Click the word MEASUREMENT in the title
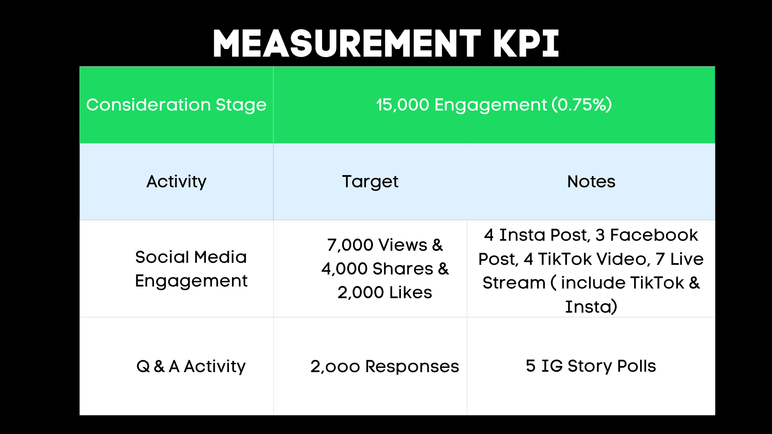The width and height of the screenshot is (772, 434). point(347,43)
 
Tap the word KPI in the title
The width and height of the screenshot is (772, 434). point(526,43)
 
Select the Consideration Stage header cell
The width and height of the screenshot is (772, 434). point(176,105)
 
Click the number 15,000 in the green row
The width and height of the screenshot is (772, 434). point(402,105)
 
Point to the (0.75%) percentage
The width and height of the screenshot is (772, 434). point(582,105)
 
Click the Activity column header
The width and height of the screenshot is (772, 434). point(176,182)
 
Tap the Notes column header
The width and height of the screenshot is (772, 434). point(591,182)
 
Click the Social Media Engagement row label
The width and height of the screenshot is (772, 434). point(191,269)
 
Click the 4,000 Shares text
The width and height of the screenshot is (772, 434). point(377,269)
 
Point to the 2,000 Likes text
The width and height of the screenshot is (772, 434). point(385,293)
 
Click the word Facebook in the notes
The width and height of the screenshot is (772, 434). point(654,235)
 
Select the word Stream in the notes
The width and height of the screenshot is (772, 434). point(514,283)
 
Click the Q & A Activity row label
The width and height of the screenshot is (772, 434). point(191,366)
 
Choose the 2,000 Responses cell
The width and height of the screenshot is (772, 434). point(384,366)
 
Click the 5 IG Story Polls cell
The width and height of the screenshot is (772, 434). point(591,366)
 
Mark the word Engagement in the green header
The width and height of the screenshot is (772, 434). point(491,105)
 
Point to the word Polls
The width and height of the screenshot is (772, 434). point(636,366)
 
